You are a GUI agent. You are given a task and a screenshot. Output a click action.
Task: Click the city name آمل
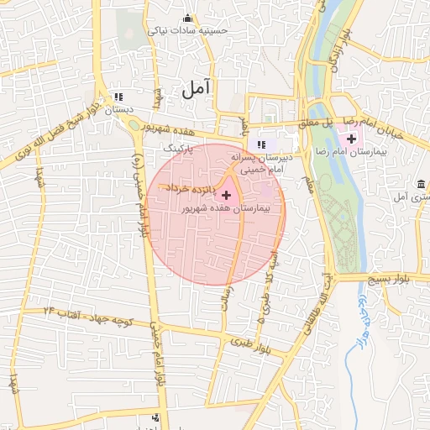pos(196,87)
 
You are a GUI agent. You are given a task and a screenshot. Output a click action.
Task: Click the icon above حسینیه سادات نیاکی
pos(186,18)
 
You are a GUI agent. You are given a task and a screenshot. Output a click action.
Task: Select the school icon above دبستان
pos(118,97)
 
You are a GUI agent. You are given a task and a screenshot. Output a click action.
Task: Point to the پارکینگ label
pos(177,148)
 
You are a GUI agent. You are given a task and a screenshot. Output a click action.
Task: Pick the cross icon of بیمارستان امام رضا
pos(350,138)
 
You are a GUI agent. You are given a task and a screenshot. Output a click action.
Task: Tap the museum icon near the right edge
pos(421,184)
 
